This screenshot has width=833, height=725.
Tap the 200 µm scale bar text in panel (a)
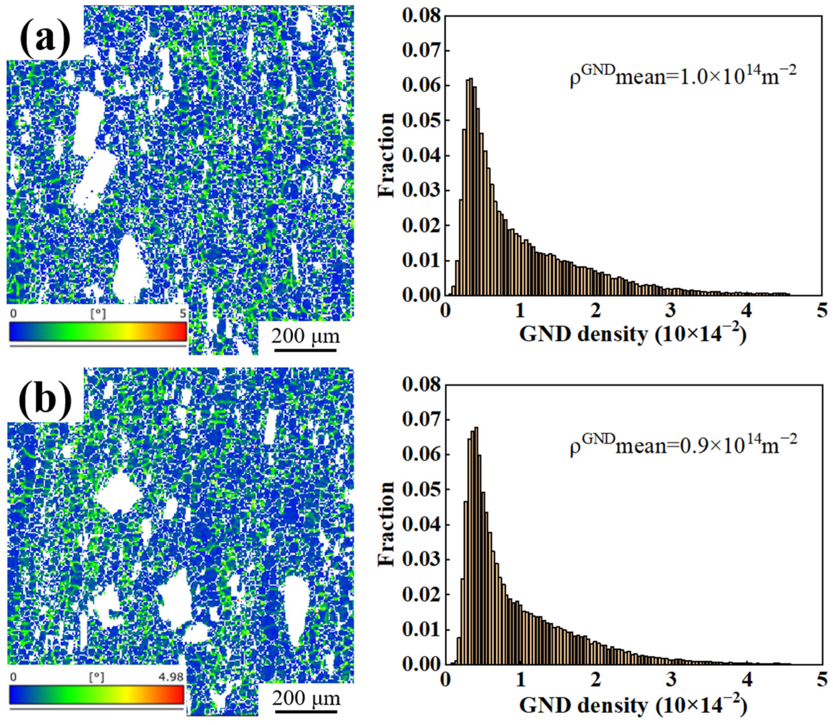pyautogui.click(x=305, y=336)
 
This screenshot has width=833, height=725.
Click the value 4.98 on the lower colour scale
pyautogui.click(x=171, y=677)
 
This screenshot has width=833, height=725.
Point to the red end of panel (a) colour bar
pyautogui.click(x=182, y=331)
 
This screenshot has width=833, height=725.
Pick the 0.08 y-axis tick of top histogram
pyautogui.click(x=420, y=17)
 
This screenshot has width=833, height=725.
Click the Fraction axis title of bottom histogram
pyautogui.click(x=386, y=524)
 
